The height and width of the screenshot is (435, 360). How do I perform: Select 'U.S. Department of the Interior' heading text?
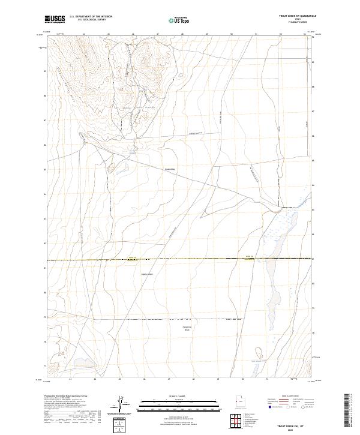coord(91,16)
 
